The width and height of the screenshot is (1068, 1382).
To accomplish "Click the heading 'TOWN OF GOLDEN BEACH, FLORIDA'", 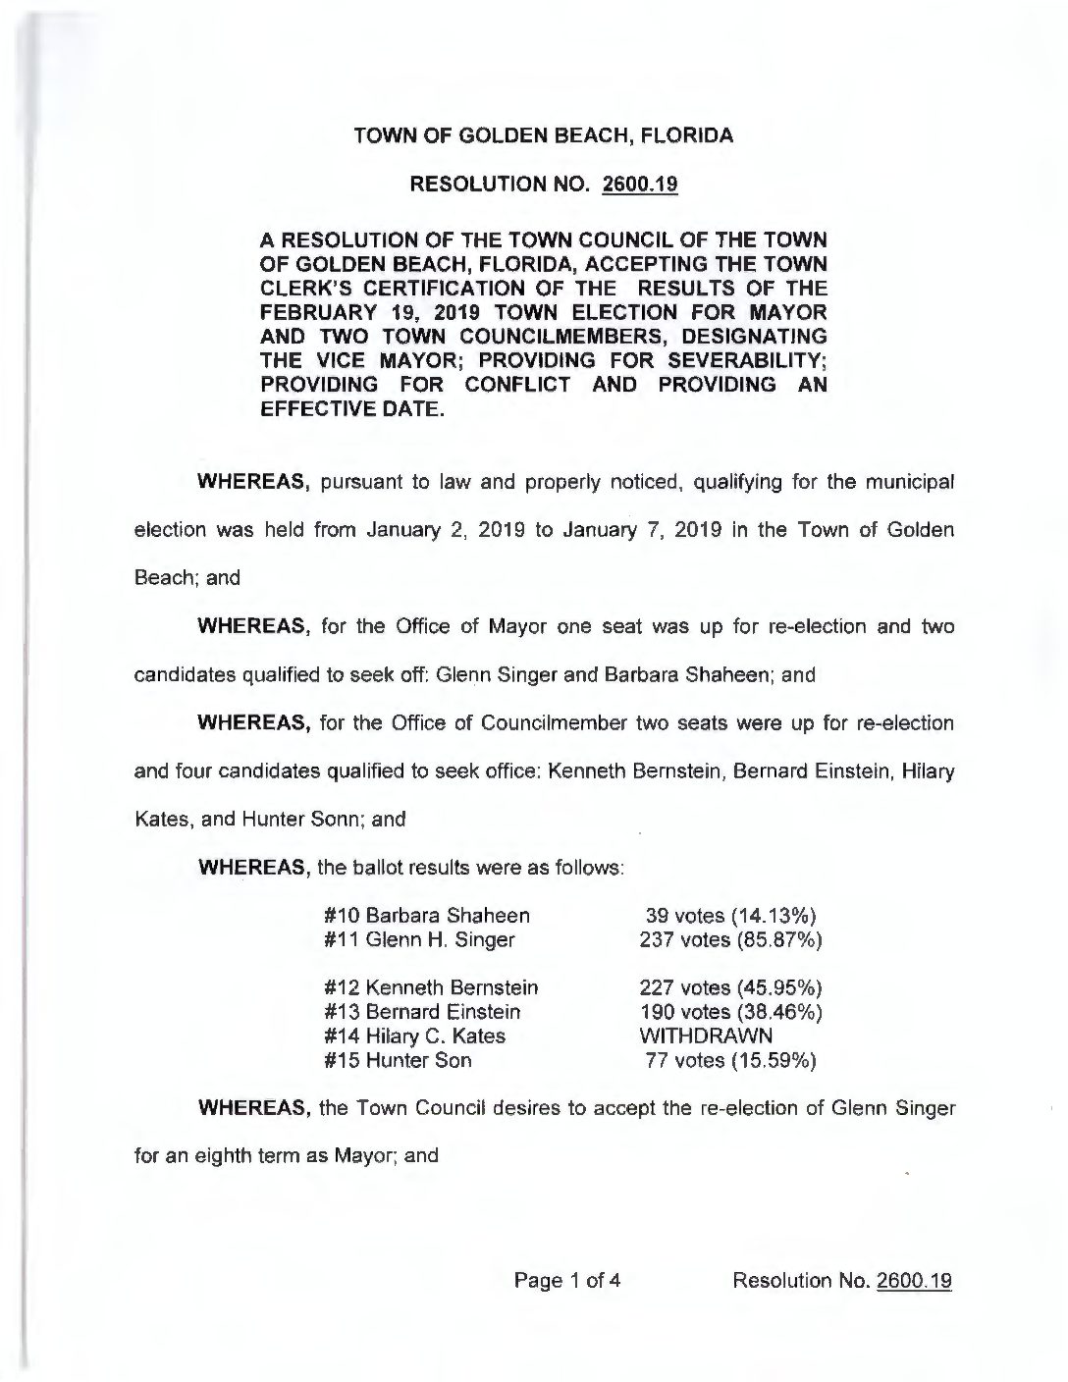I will click(x=543, y=136).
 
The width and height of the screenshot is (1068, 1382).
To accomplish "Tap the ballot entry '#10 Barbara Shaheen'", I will click(x=427, y=916).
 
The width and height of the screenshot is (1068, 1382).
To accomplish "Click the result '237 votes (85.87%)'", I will click(x=730, y=939).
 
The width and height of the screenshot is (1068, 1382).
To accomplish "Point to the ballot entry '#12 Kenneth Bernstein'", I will click(x=431, y=987).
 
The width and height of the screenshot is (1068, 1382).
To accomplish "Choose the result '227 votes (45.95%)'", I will click(x=730, y=987).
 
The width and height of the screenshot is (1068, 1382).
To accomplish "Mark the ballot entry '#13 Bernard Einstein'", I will click(x=422, y=1011).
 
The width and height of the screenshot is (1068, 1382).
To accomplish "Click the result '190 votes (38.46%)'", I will click(x=730, y=1011).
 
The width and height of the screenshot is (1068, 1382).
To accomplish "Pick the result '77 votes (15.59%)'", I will click(x=731, y=1060).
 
